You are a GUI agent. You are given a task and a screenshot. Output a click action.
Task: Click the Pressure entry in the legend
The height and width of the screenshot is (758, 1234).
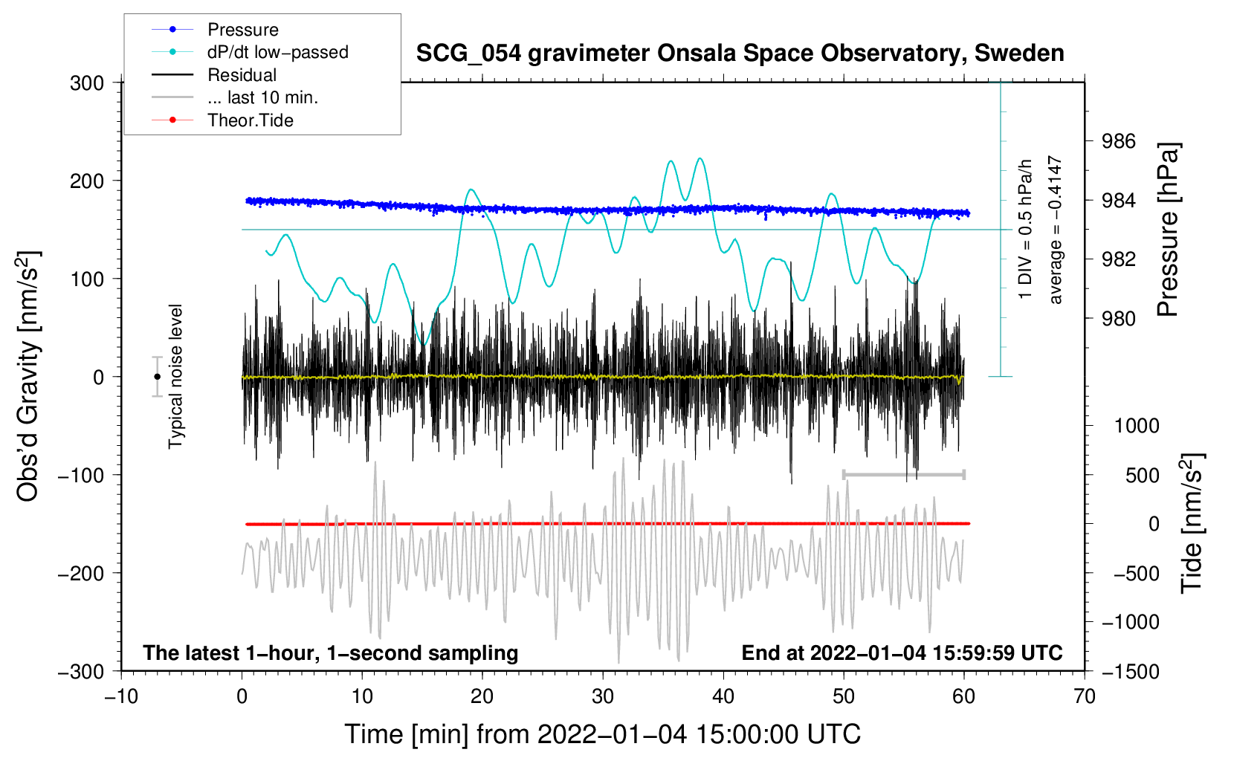(x=242, y=30)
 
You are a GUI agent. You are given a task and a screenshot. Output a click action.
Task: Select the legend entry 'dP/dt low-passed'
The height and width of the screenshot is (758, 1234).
(x=277, y=52)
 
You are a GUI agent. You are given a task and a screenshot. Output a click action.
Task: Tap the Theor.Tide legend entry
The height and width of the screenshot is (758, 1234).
(x=250, y=120)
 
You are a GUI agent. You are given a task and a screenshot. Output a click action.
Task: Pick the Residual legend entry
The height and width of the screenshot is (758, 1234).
(x=242, y=75)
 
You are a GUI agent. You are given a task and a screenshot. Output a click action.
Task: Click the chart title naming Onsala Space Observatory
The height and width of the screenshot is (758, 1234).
(x=740, y=54)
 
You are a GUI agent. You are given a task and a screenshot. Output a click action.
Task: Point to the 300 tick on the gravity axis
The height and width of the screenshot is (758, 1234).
(x=87, y=83)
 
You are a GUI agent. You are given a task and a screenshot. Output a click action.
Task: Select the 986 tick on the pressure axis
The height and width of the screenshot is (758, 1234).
(x=1119, y=141)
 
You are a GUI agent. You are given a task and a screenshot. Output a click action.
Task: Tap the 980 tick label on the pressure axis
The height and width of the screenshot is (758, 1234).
(x=1119, y=319)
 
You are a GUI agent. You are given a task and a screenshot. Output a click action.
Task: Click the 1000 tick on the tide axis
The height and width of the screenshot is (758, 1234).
(x=1137, y=426)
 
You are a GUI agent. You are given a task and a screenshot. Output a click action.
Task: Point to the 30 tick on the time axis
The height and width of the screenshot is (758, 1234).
(x=603, y=696)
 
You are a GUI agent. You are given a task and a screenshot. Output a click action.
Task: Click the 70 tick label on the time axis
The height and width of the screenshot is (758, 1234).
(x=1085, y=696)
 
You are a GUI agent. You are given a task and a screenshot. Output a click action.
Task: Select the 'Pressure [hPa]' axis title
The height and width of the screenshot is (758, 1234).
(x=1168, y=230)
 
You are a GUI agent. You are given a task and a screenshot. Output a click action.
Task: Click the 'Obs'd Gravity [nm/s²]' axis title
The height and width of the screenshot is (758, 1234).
(x=28, y=377)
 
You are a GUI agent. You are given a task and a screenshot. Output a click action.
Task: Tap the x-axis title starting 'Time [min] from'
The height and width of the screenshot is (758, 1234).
(x=603, y=734)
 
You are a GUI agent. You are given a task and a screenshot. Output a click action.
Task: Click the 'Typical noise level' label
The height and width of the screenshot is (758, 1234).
(x=175, y=377)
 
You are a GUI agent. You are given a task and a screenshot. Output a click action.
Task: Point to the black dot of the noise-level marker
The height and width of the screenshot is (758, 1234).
(x=157, y=377)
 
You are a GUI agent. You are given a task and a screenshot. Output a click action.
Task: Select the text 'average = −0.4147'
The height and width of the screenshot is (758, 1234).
(x=1055, y=230)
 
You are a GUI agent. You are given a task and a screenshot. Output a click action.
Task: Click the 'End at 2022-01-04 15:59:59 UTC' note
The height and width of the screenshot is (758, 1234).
(x=902, y=653)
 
